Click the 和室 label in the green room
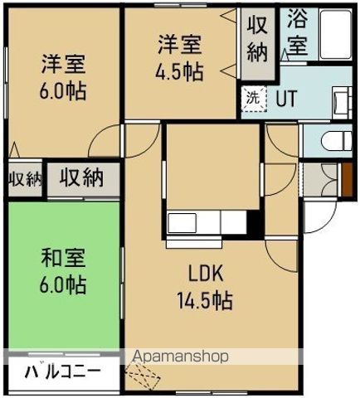(63, 258)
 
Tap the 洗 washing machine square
(251, 97)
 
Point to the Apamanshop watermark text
(180, 357)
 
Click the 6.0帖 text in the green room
(63, 285)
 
